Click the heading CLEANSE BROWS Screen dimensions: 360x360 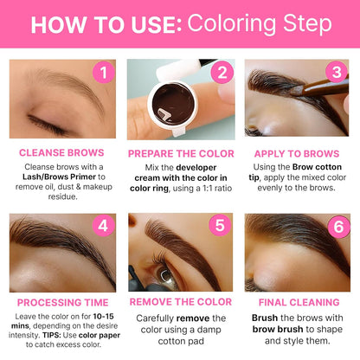(61, 153)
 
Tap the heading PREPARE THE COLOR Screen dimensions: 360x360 (179, 153)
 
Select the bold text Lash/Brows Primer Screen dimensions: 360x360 (62, 177)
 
